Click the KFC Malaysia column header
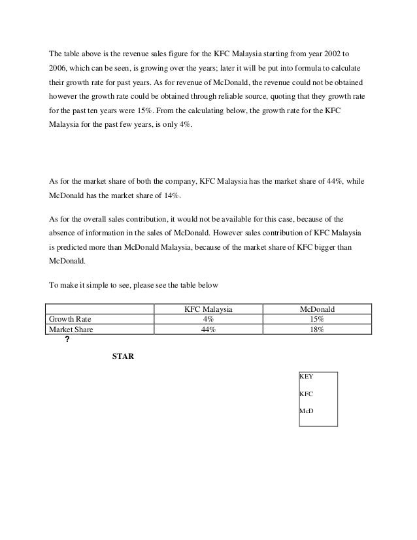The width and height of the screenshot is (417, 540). (x=207, y=309)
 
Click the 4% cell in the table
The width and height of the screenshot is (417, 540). (x=207, y=319)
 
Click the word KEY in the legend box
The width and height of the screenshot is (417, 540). (x=306, y=377)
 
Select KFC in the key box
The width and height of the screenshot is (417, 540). (x=306, y=394)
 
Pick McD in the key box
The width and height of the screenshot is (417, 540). (x=306, y=411)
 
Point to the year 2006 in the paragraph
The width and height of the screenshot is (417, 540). (x=59, y=69)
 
